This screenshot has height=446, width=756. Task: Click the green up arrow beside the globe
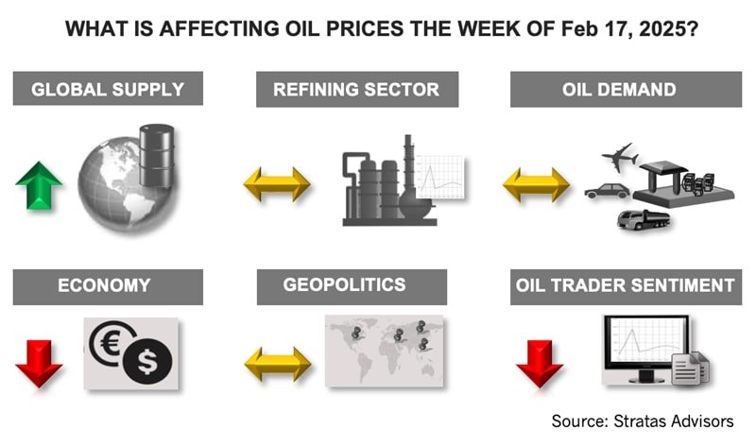point(39,186)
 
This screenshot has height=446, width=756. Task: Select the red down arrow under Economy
point(39,364)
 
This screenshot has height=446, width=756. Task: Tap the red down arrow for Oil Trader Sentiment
point(540,364)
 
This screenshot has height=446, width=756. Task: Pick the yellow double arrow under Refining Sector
point(277,184)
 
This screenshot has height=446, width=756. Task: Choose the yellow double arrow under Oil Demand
point(536,184)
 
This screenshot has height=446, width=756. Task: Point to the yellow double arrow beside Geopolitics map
point(278,364)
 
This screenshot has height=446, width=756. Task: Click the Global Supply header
point(108,89)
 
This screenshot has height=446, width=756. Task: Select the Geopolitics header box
point(352,287)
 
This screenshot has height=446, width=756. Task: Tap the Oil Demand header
point(626,89)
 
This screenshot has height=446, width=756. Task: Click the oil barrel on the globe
point(157,156)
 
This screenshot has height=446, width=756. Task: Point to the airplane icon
point(620,156)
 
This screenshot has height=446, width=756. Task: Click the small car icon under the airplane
point(607,191)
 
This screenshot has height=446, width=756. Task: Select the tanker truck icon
point(644,219)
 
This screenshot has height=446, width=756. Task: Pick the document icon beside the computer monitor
point(691,369)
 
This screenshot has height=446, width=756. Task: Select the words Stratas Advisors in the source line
point(674,420)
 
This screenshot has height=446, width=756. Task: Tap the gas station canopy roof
point(664,167)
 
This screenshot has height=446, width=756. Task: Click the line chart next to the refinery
point(440,177)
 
